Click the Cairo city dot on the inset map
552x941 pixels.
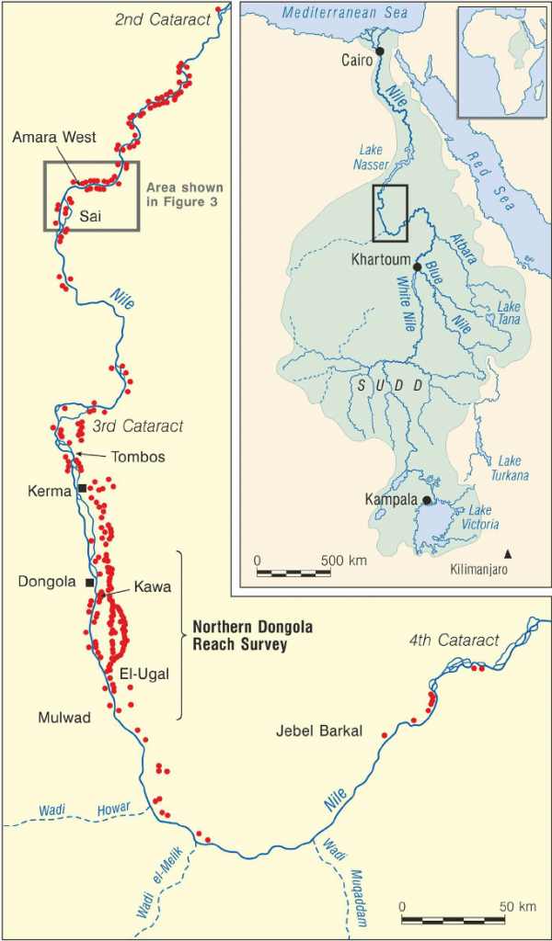tap(379, 51)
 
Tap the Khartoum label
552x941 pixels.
tap(381, 260)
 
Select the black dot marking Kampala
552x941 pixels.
tap(428, 500)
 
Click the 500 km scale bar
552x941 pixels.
tap(293, 573)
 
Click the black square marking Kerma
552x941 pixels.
tap(82, 488)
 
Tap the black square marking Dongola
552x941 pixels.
tap(89, 583)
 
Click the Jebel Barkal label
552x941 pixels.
tap(319, 731)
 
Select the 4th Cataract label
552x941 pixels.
tap(455, 641)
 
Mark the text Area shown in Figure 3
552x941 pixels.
tap(183, 194)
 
